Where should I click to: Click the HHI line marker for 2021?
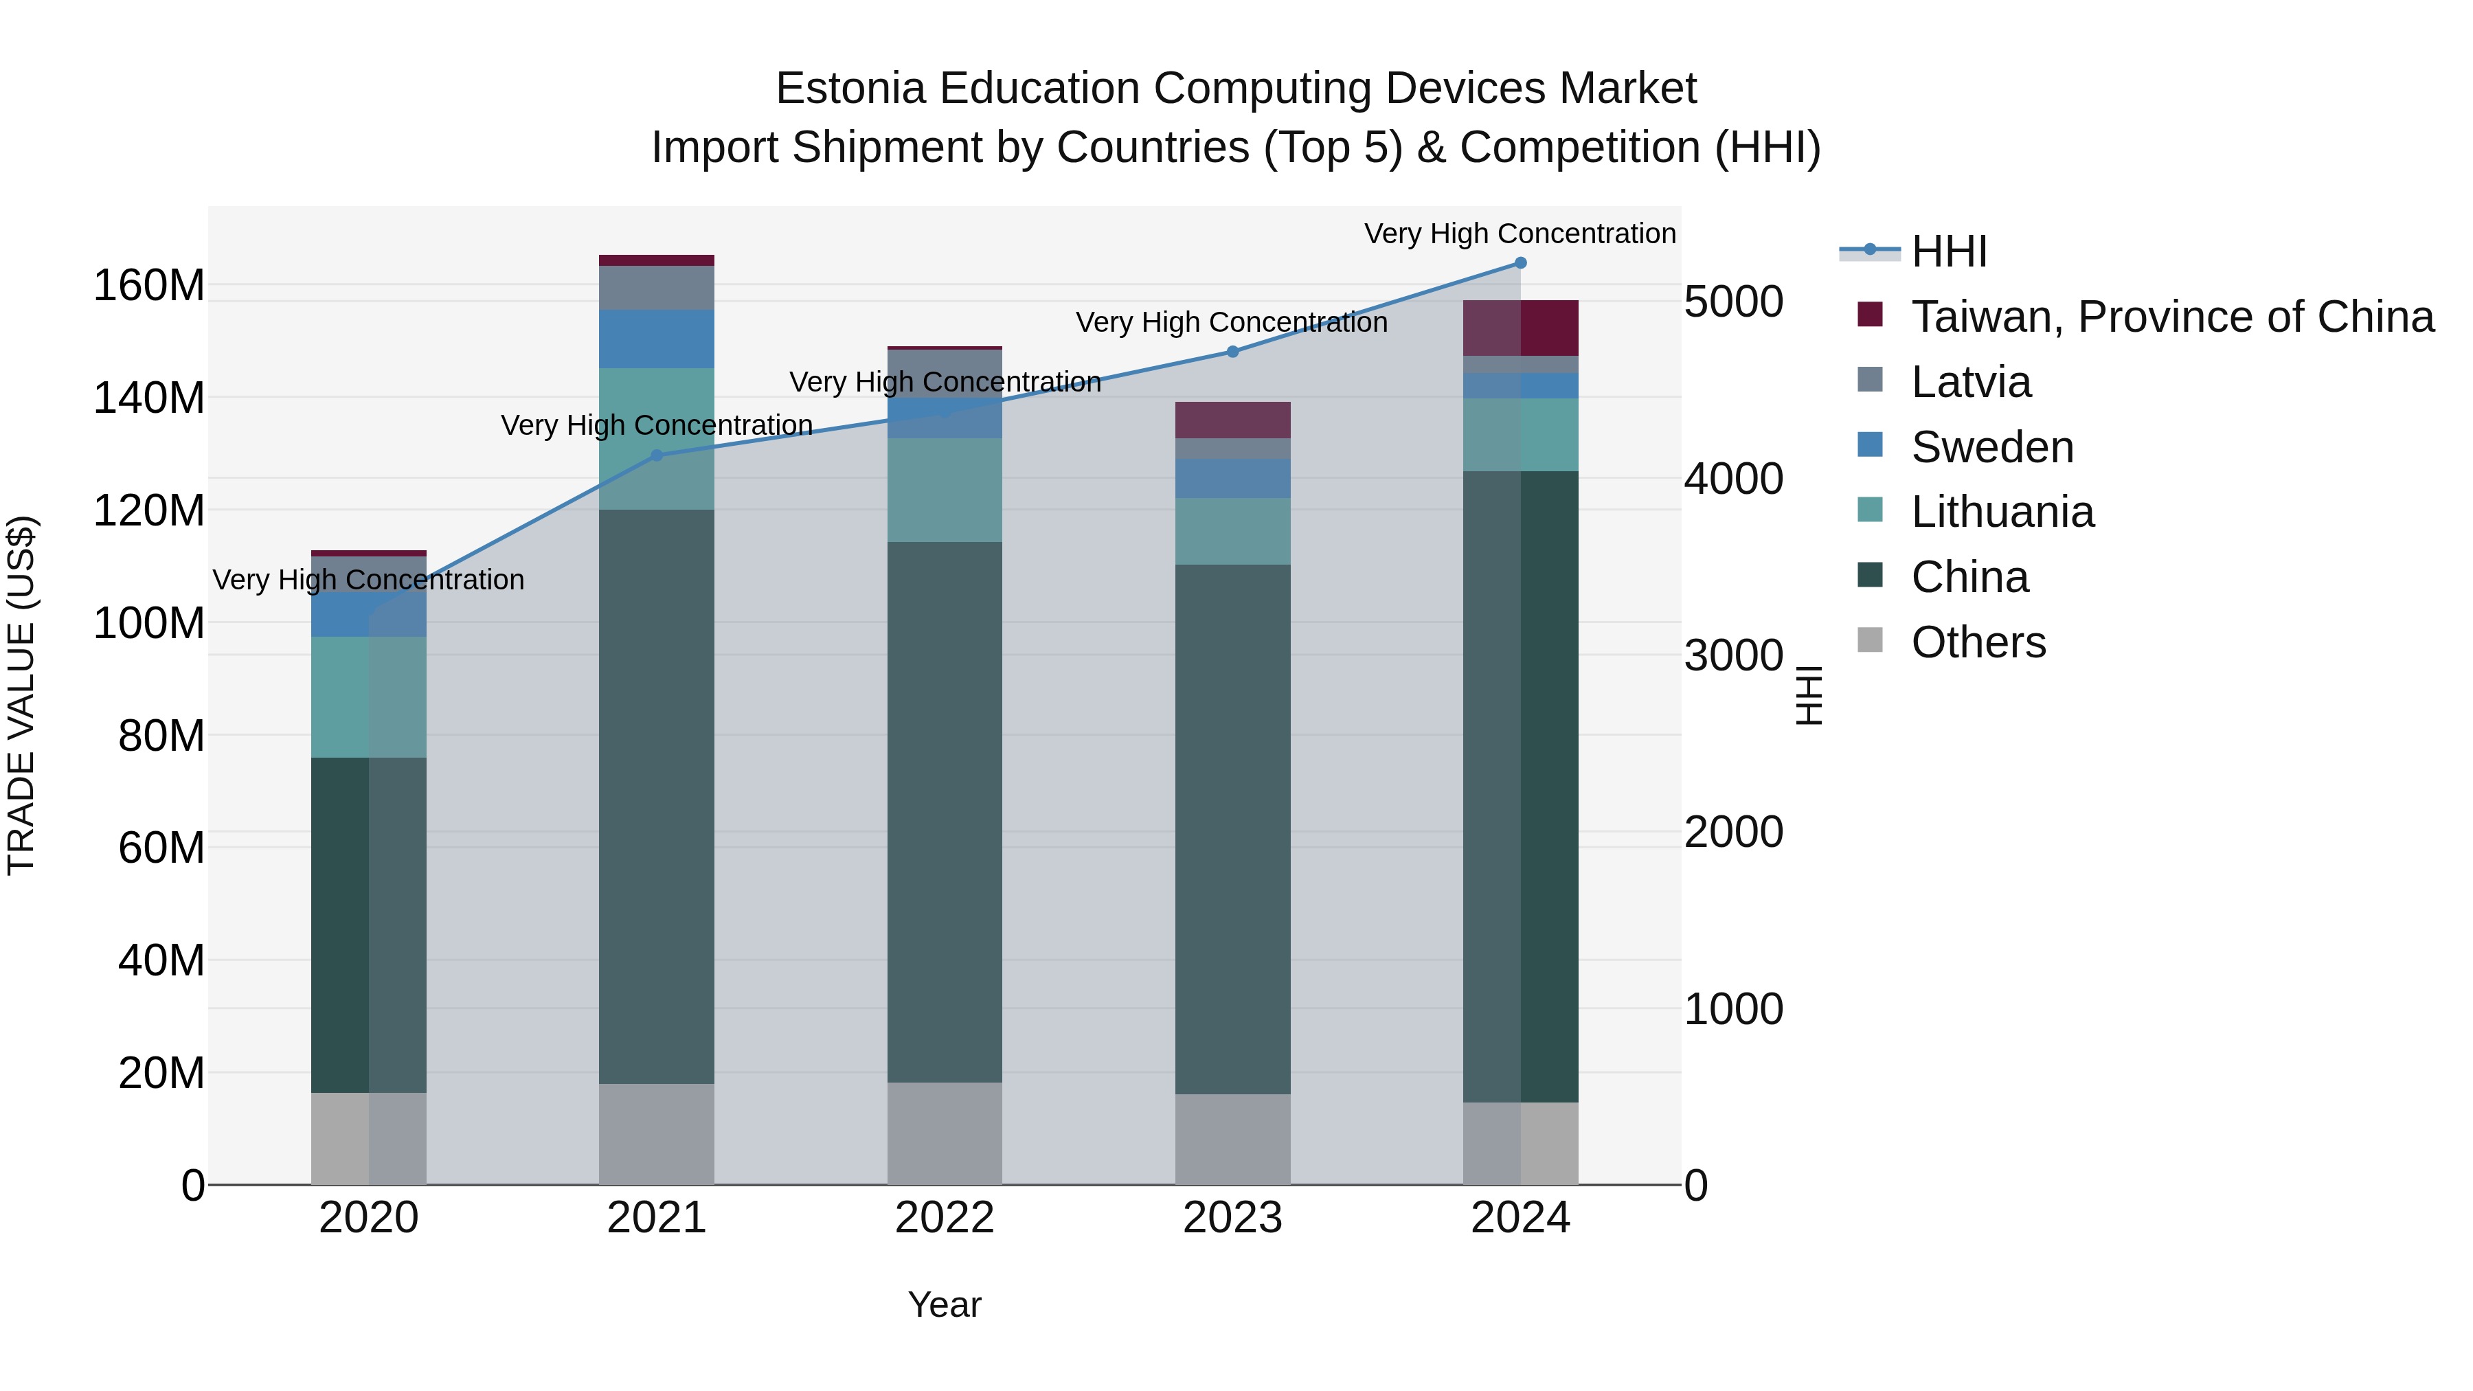(657, 455)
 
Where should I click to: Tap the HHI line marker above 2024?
(1520, 262)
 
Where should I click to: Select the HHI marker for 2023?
(1232, 351)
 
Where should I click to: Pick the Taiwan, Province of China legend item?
(2171, 317)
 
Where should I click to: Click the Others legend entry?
(1978, 642)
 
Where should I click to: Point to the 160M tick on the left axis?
(149, 286)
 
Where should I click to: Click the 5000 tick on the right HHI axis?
(1733, 302)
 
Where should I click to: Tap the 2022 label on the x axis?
(945, 1218)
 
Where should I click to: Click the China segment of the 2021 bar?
(657, 797)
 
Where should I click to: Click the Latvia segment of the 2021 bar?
(657, 287)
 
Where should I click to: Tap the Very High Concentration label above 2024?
(1520, 234)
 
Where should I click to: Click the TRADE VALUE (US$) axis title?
(21, 695)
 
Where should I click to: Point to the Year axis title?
(945, 1304)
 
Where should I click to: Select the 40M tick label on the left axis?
(161, 960)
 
